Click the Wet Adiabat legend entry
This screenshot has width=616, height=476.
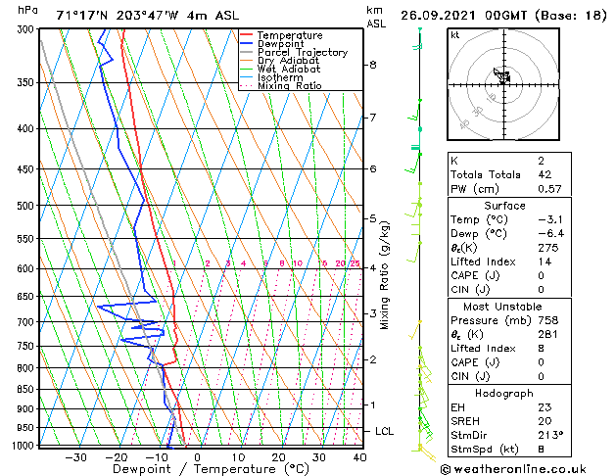pyautogui.click(x=285, y=69)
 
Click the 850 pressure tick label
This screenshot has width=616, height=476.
pyautogui.click(x=23, y=389)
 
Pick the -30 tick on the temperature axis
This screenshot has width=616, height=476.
pyautogui.click(x=74, y=457)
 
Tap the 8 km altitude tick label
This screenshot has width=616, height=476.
pyautogui.click(x=373, y=65)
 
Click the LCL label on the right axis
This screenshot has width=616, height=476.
pyautogui.click(x=385, y=431)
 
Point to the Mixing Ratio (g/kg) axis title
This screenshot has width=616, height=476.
pyautogui.click(x=386, y=275)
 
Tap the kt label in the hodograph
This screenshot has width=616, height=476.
pyautogui.click(x=455, y=35)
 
